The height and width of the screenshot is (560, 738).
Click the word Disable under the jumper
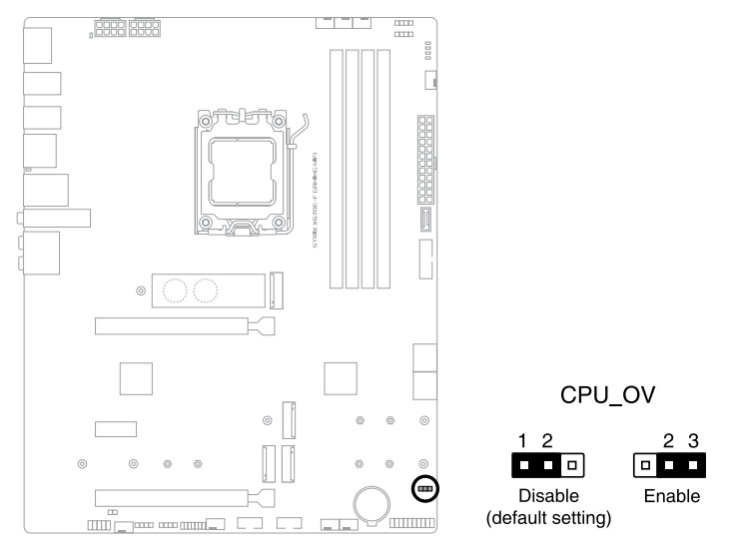tap(547, 496)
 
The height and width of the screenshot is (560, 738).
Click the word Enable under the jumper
tap(671, 496)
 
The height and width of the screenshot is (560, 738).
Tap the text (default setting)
tap(547, 519)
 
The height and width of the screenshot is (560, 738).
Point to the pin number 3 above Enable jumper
tap(693, 440)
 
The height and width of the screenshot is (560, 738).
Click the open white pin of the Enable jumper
tap(646, 465)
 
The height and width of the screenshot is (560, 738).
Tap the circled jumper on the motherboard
tap(424, 489)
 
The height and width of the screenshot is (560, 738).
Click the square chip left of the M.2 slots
tap(137, 378)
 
